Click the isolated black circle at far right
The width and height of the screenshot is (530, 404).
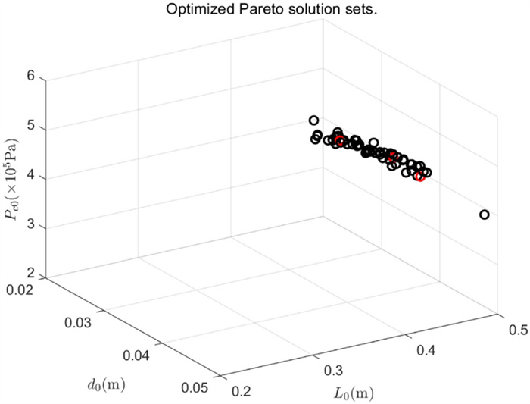pyautogui.click(x=485, y=215)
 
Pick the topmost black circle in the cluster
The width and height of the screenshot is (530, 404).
pyautogui.click(x=313, y=121)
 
